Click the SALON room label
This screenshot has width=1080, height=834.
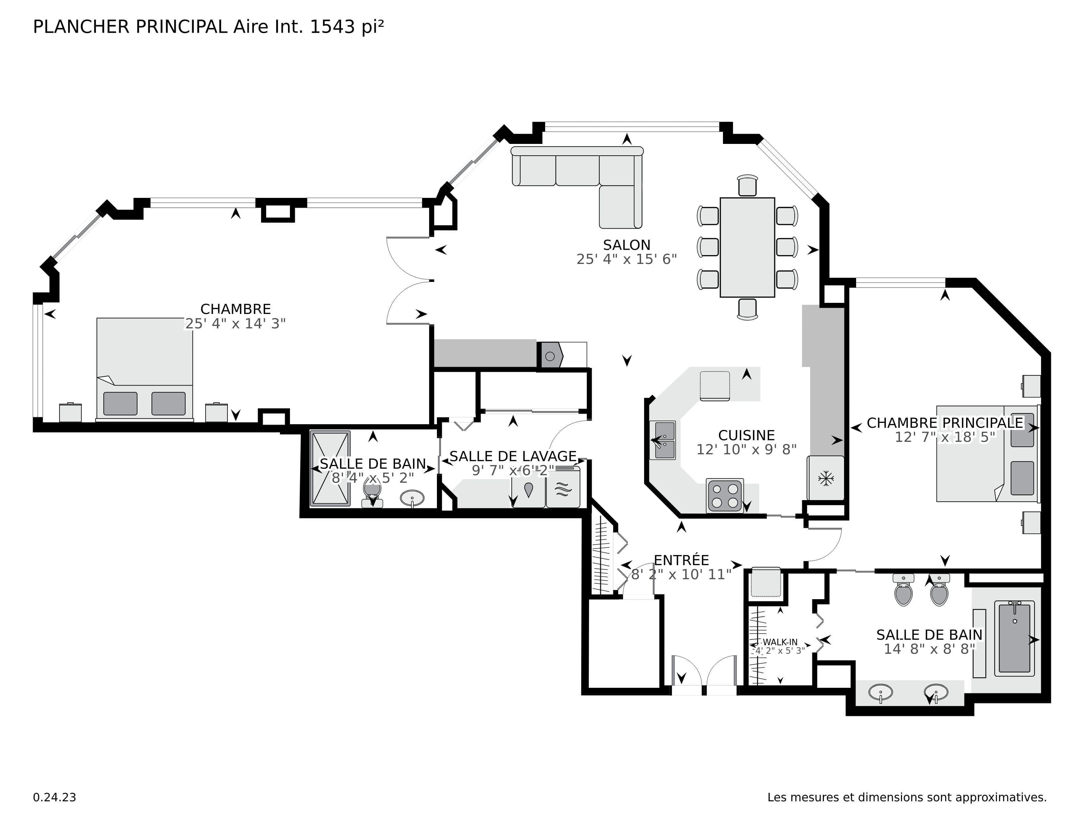coord(626,245)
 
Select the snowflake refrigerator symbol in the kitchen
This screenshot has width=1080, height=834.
coord(826,478)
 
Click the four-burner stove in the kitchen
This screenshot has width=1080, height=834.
coord(725,495)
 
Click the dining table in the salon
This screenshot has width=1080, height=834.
coord(747,247)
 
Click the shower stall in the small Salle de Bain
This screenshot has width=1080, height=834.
coord(330,468)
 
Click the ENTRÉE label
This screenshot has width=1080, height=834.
coord(681,560)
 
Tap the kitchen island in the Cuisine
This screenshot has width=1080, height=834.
coord(714,385)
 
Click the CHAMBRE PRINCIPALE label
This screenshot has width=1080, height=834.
coord(945,423)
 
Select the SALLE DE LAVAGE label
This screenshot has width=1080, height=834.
coord(513,456)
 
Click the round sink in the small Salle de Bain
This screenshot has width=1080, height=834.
coord(411,498)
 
